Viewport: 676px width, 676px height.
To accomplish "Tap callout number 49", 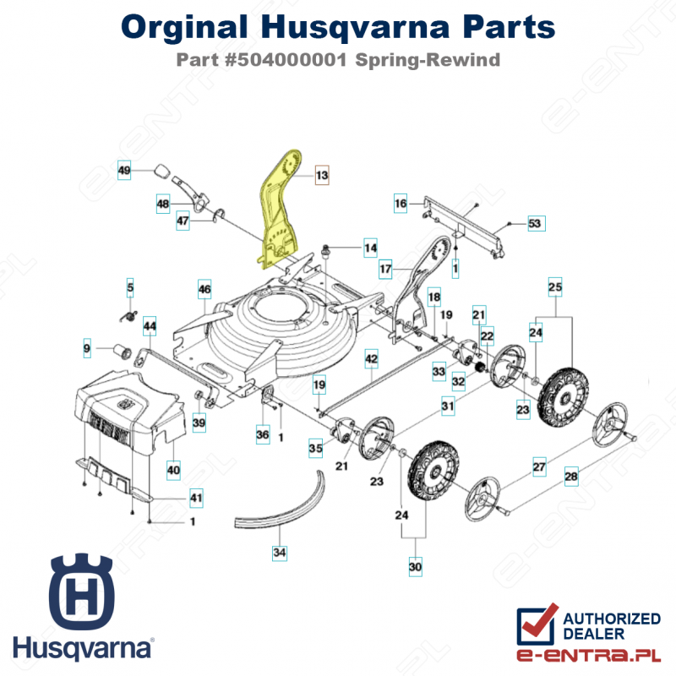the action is pos(124,170).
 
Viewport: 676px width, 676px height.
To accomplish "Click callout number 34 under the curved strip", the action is pos(280,553).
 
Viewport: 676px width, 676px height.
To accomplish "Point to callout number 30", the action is pos(415,566).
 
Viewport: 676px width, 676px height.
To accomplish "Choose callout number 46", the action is pos(204,289).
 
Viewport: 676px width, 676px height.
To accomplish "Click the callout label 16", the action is pos(401,203).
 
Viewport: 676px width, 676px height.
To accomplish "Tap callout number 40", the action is pos(173,470).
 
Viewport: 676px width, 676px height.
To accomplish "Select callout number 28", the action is pos(571,477).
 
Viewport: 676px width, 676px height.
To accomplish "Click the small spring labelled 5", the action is pos(128,317).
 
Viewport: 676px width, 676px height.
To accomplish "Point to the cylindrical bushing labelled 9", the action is pos(123,351).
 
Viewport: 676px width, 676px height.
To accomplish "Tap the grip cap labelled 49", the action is pos(163,171).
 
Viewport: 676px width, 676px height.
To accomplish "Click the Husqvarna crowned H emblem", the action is pos(81,591).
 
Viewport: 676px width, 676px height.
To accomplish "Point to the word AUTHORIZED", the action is pos(611,619).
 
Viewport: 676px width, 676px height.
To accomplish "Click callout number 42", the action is pos(371,358).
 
